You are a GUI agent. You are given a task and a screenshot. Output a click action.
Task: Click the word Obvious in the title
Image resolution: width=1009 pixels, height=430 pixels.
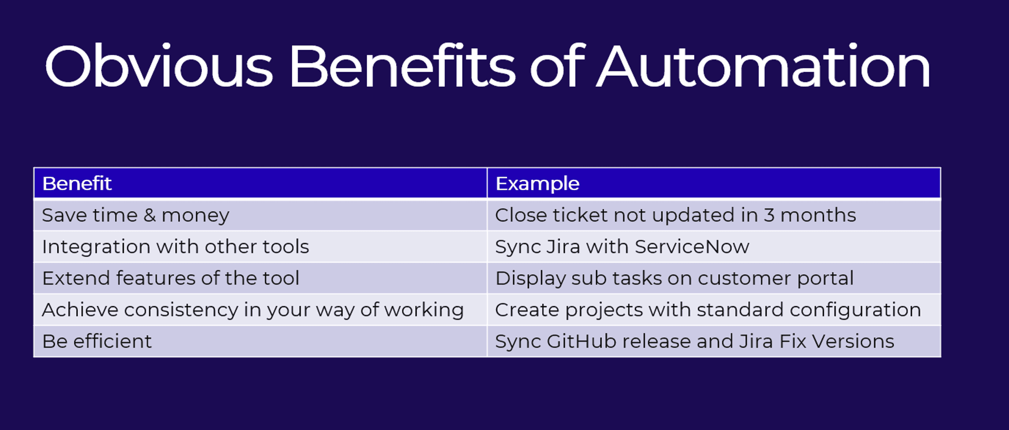[159, 66]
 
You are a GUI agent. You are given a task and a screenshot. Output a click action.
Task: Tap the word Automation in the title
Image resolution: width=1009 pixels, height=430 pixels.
[764, 66]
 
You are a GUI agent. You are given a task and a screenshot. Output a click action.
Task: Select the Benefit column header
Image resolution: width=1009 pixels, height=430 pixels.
[77, 183]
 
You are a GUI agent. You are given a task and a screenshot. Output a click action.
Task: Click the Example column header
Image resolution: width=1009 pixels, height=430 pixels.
[537, 183]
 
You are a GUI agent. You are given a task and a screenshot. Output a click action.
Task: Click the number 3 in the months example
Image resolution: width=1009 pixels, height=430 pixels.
[769, 215]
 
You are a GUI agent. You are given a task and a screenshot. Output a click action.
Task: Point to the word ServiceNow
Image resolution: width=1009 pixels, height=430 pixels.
[692, 247]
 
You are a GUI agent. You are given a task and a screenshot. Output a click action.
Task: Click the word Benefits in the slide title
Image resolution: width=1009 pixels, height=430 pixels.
[403, 66]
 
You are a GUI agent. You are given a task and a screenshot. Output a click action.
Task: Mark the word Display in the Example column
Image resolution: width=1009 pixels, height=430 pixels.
[530, 279]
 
